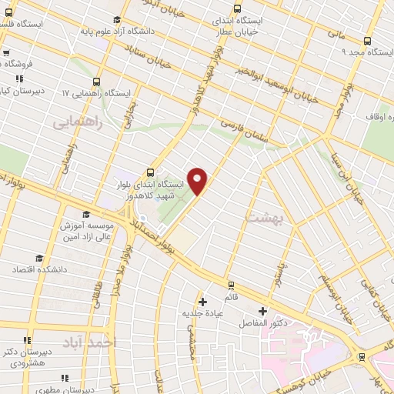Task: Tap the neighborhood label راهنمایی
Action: click(75, 122)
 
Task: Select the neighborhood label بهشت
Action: click(264, 219)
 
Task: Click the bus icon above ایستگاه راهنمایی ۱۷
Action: click(97, 81)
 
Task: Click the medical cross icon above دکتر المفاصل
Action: click(263, 311)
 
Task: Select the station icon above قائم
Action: click(203, 301)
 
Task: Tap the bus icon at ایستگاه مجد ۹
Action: click(366, 42)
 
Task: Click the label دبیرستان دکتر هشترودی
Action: click(26, 356)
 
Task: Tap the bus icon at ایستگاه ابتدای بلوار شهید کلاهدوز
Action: click(150, 172)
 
